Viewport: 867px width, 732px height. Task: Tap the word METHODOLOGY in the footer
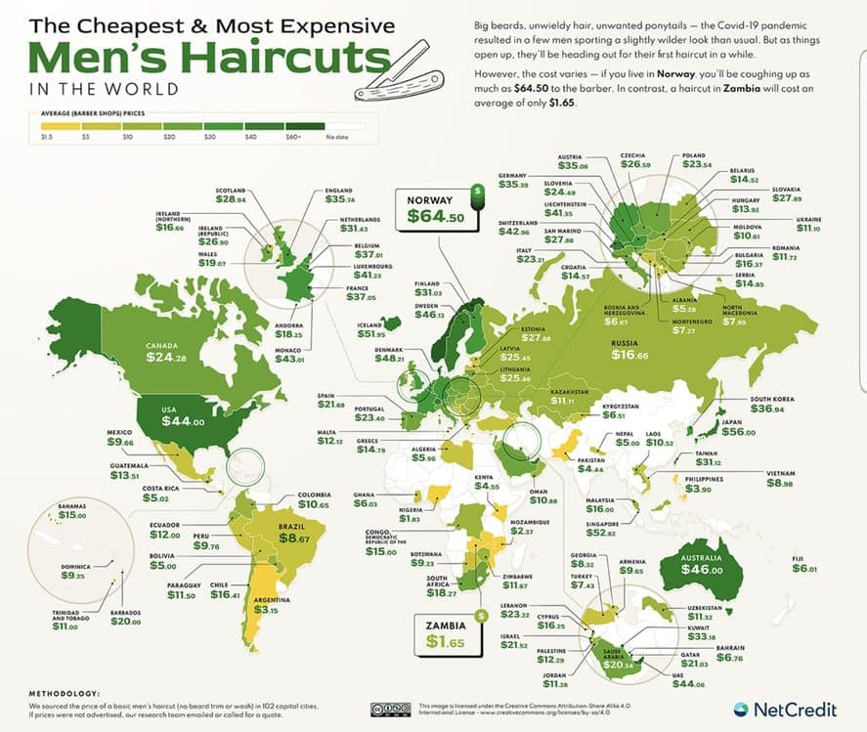(x=65, y=691)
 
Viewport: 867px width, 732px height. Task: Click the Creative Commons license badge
(x=390, y=710)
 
